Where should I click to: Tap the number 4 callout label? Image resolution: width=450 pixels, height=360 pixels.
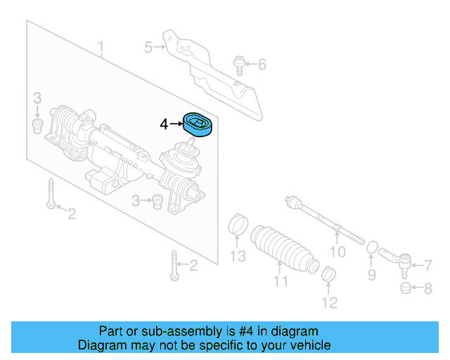click(x=164, y=124)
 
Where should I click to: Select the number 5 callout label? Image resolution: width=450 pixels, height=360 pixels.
click(x=148, y=48)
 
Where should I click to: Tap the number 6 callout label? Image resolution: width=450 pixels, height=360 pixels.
click(x=262, y=65)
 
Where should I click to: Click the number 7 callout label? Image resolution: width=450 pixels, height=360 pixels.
click(x=427, y=265)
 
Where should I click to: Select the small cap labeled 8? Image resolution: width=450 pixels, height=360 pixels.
click(x=405, y=289)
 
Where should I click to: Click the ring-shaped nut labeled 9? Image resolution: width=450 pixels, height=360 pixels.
click(x=373, y=247)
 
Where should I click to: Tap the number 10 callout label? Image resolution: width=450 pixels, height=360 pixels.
click(x=337, y=252)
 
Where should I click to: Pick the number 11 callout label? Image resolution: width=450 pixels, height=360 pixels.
click(x=281, y=283)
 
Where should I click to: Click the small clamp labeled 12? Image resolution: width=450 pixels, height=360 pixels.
click(x=328, y=274)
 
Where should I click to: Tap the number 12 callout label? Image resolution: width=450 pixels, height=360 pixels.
click(x=330, y=304)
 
